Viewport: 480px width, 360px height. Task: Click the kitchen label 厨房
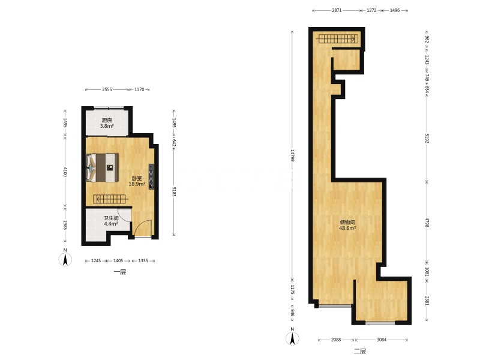[x=107, y=121]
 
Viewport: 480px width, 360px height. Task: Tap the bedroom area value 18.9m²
[x=137, y=184]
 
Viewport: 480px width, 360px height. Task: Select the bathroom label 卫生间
[x=111, y=218]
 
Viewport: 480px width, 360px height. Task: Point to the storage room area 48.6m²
[x=347, y=228]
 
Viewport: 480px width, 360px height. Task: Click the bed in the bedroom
[x=102, y=167]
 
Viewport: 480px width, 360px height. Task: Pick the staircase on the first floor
[x=110, y=199]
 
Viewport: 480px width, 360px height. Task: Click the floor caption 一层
[x=120, y=272]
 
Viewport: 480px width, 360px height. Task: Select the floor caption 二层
[x=360, y=351]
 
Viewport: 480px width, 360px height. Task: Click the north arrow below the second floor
[x=292, y=337]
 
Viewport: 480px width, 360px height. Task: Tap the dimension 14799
[x=292, y=155]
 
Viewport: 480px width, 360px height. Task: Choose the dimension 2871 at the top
[x=337, y=10]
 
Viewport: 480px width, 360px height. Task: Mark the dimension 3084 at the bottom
[x=382, y=340]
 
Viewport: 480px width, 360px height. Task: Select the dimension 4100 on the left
[x=65, y=172]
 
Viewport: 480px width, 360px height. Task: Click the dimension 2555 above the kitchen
[x=107, y=89]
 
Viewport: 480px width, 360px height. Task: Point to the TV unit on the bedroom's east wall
[x=151, y=176]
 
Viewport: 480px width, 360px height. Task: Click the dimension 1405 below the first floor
[x=118, y=261]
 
